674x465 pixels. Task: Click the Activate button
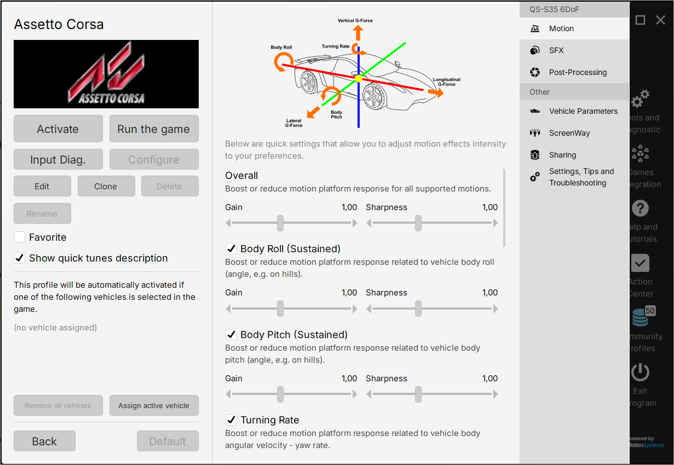coord(58,129)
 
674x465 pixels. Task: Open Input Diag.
coord(58,160)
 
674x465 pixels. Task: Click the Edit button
coord(42,186)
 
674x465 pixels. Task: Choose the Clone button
coord(106,186)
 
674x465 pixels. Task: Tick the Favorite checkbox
coord(20,237)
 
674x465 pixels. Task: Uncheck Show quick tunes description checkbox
coord(20,258)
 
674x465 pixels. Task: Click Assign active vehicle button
coord(154,406)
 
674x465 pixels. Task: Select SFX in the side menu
coord(556,50)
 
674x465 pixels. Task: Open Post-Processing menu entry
coord(578,72)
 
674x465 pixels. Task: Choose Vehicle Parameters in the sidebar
coord(583,111)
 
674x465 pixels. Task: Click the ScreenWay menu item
coord(569,133)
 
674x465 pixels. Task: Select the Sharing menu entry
coord(562,155)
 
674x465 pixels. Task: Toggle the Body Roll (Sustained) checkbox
coord(231,249)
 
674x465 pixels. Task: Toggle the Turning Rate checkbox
coord(231,420)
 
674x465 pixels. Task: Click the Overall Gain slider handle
coord(280,223)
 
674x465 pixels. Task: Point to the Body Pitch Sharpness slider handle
coord(418,394)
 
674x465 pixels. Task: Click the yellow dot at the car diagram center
coord(359,79)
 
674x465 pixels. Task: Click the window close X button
coord(660,20)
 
